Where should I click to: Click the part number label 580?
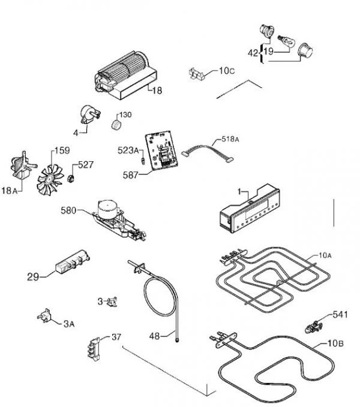(x=68, y=210)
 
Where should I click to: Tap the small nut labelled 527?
(x=71, y=178)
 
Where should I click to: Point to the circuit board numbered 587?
(x=161, y=150)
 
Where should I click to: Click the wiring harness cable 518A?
(x=208, y=152)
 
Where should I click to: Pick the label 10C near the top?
(x=227, y=71)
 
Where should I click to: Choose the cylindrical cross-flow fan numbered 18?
(x=126, y=76)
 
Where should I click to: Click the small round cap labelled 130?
(x=116, y=124)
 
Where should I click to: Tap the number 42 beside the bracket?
(x=253, y=53)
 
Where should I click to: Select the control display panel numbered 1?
(x=250, y=209)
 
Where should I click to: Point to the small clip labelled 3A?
(x=44, y=316)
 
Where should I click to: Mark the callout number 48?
(x=154, y=336)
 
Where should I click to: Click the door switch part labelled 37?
(x=94, y=349)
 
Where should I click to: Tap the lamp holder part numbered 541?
(x=314, y=327)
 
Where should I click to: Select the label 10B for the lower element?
(x=335, y=343)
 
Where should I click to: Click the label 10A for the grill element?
(x=325, y=255)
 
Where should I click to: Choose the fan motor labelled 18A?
(x=23, y=165)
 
